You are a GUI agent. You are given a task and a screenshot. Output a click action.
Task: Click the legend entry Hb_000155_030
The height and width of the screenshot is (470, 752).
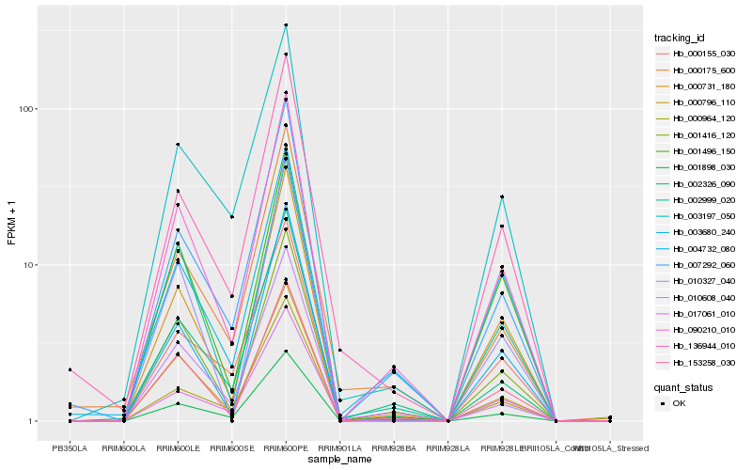click(x=695, y=54)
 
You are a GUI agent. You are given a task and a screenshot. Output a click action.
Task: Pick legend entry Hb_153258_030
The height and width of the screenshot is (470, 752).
click(x=695, y=362)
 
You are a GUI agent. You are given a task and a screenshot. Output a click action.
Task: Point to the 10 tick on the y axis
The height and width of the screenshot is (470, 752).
click(x=28, y=265)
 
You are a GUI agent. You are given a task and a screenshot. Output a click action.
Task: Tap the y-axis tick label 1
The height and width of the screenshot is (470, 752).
click(x=31, y=421)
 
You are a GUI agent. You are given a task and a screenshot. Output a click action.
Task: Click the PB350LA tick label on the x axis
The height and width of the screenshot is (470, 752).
click(x=70, y=448)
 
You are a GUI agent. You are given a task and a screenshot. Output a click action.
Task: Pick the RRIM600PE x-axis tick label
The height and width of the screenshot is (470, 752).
click(x=286, y=448)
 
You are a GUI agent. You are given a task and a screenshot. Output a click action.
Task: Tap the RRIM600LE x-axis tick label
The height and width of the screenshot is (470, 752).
click(x=178, y=448)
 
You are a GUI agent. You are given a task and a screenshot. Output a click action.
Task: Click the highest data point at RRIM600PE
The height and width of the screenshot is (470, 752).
click(x=286, y=25)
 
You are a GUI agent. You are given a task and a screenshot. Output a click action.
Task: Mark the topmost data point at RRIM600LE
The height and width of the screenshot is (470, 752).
click(x=178, y=145)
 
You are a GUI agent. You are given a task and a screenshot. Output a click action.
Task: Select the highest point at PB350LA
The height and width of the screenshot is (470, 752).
click(x=70, y=369)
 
